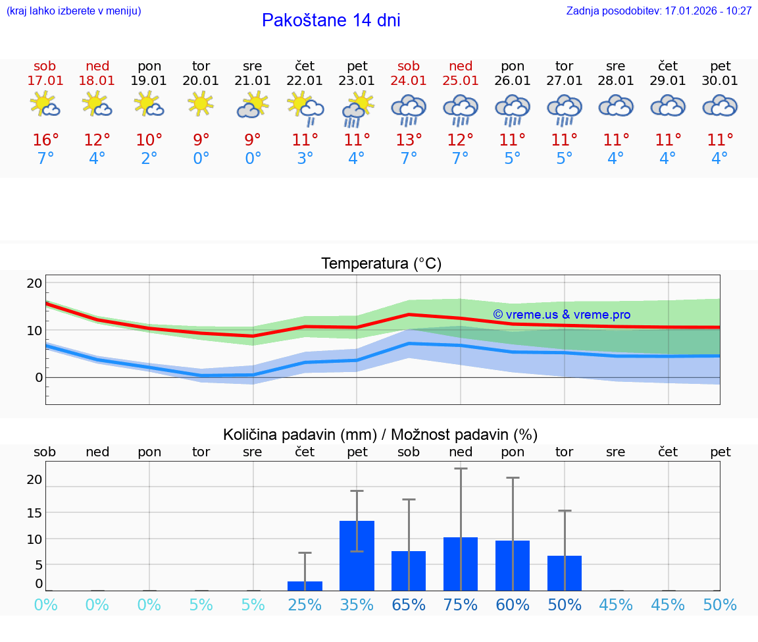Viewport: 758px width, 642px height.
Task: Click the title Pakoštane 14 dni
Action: pos(331,20)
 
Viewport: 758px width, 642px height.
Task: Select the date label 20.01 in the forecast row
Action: pos(201,81)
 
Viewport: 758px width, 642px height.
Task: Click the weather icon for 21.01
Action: pos(253,105)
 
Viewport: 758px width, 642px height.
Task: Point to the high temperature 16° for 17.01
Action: pos(45,140)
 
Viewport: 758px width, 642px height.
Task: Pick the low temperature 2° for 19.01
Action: pos(149,159)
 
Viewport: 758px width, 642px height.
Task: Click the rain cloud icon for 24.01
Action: pos(409,109)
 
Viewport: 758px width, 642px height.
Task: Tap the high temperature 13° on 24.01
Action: pos(409,140)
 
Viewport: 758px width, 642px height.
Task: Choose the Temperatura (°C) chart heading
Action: pos(381,264)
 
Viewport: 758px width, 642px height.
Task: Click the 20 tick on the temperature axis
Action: pos(34,284)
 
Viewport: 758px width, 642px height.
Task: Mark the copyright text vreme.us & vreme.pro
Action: pos(561,315)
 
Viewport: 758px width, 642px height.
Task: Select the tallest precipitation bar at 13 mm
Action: pos(357,555)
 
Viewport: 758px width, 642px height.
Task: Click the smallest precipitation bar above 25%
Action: pos(305,585)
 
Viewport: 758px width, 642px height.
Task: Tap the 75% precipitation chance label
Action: pos(461,605)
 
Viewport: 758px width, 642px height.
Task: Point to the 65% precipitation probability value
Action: pos(409,605)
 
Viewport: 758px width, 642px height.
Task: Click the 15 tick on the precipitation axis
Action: pos(34,512)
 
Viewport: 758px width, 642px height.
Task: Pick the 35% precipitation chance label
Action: pos(357,605)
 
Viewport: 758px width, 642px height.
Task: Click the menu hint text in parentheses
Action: pos(74,11)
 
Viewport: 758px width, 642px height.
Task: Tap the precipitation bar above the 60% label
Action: pos(513,565)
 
